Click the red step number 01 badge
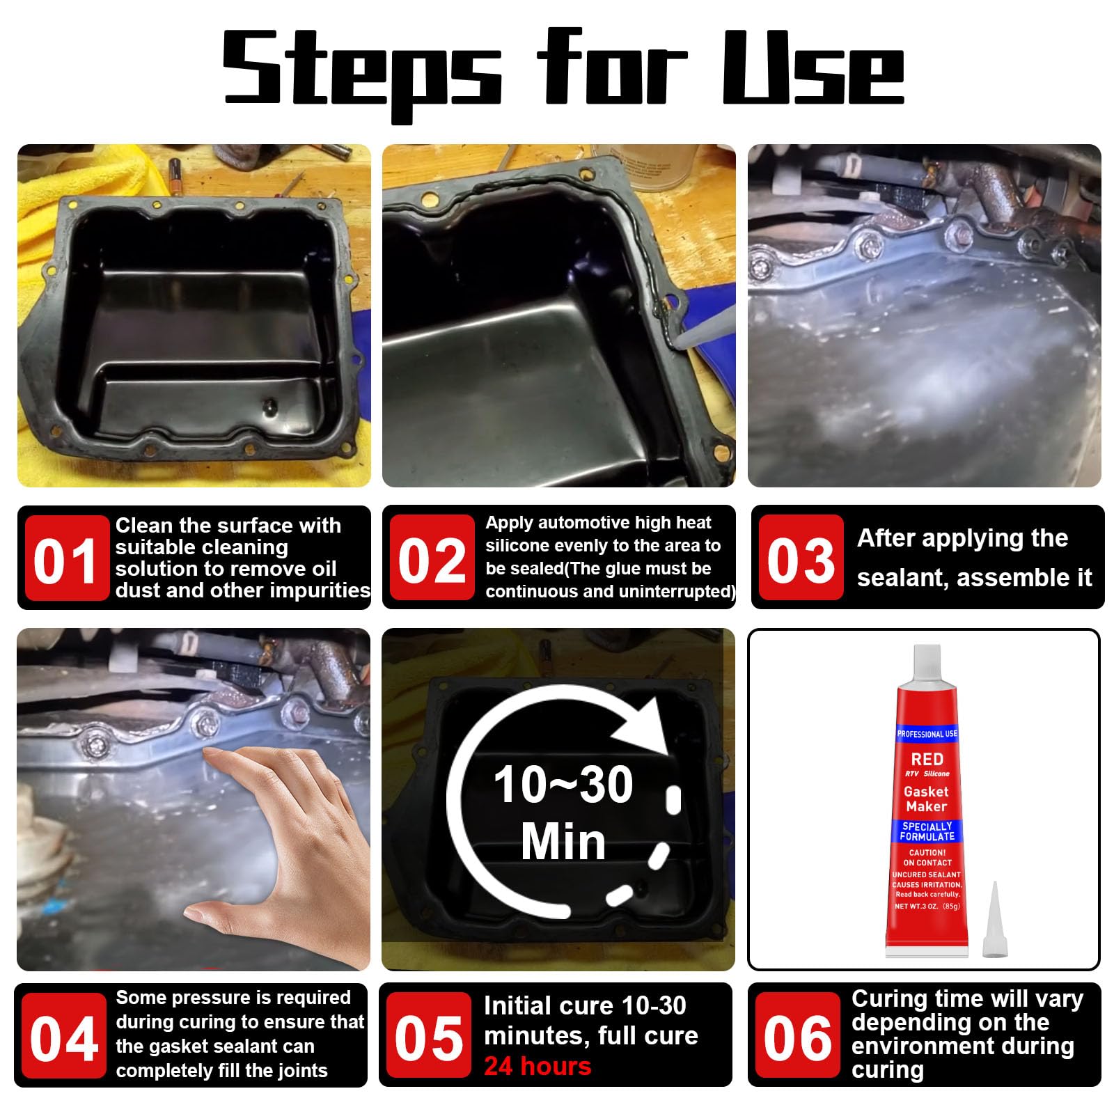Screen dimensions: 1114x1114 pos(66,559)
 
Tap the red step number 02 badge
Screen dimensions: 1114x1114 pos(432,559)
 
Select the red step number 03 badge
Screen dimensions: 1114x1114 pos(801,559)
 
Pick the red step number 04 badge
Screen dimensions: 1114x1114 pos(63,1037)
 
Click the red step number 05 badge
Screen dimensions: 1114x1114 pos(429,1037)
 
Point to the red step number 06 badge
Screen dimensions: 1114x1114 pos(798,1037)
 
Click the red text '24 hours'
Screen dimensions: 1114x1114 pos(538,1066)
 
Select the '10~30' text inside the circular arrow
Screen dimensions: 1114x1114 pos(563,785)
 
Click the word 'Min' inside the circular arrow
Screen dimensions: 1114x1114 pos(563,842)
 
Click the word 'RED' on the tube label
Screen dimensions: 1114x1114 pos(927,758)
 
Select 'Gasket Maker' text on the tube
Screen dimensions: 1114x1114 pos(927,799)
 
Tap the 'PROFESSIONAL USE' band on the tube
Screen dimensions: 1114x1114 pos(927,734)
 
